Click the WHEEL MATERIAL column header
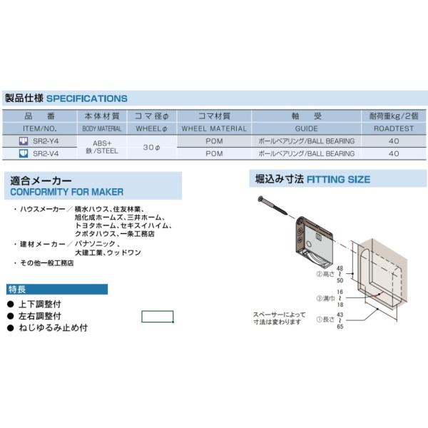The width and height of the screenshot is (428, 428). [214, 129]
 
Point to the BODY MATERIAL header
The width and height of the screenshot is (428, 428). [103, 129]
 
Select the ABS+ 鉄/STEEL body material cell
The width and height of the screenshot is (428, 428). [103, 147]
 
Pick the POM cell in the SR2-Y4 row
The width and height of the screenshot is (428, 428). [214, 141]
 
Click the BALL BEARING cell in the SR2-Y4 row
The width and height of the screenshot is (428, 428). [306, 141]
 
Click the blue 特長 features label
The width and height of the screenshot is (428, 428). [19, 290]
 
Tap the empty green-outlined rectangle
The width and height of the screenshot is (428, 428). [157, 316]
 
